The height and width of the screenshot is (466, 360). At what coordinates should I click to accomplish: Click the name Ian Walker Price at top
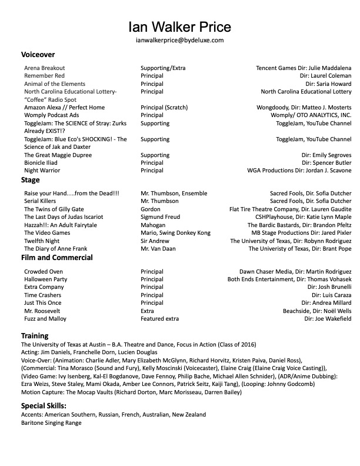pos(179,26)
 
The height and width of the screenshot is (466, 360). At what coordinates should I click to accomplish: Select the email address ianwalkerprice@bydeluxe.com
pos(179,40)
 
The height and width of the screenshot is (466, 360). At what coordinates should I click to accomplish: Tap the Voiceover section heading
pos(38,54)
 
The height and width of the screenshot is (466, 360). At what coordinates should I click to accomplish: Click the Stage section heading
pos(31,179)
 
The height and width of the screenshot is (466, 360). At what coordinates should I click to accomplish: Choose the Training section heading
pos(35,336)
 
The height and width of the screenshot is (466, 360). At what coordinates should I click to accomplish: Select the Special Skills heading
pos(44,406)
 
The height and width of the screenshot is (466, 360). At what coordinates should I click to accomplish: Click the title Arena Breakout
pos(45,68)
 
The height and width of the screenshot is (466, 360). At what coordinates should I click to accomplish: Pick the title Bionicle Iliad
pos(44,162)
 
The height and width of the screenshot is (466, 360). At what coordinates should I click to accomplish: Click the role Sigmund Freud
pos(161,217)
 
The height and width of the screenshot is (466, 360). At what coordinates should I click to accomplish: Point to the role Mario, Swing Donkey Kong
pos(174,233)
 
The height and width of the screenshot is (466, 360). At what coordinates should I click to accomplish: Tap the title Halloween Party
pos(46,279)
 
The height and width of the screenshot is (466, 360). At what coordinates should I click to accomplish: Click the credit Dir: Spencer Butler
pos(326,162)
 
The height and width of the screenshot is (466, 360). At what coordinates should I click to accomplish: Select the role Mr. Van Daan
pos(159,249)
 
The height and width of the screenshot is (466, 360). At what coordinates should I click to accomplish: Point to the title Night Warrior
pos(42,171)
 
